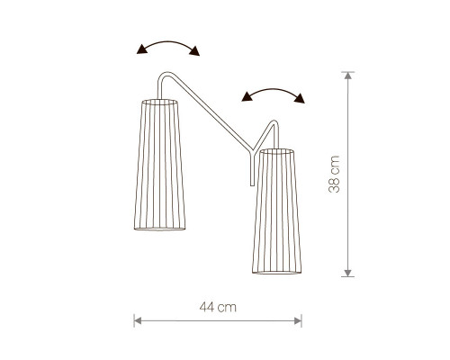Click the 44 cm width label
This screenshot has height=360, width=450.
tap(218, 307)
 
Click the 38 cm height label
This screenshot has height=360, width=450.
tap(334, 174)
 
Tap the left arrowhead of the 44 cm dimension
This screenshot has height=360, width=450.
tap(138, 321)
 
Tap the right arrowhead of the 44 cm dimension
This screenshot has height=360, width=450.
tap(298, 321)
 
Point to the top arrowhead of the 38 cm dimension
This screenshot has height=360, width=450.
tap(347, 76)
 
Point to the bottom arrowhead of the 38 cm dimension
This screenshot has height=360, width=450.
tap(347, 273)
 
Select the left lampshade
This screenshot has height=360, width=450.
tap(159, 165)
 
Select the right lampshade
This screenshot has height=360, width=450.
tap(276, 211)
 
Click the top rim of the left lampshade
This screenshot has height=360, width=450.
tap(159, 103)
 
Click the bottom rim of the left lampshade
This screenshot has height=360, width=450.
tap(159, 229)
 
